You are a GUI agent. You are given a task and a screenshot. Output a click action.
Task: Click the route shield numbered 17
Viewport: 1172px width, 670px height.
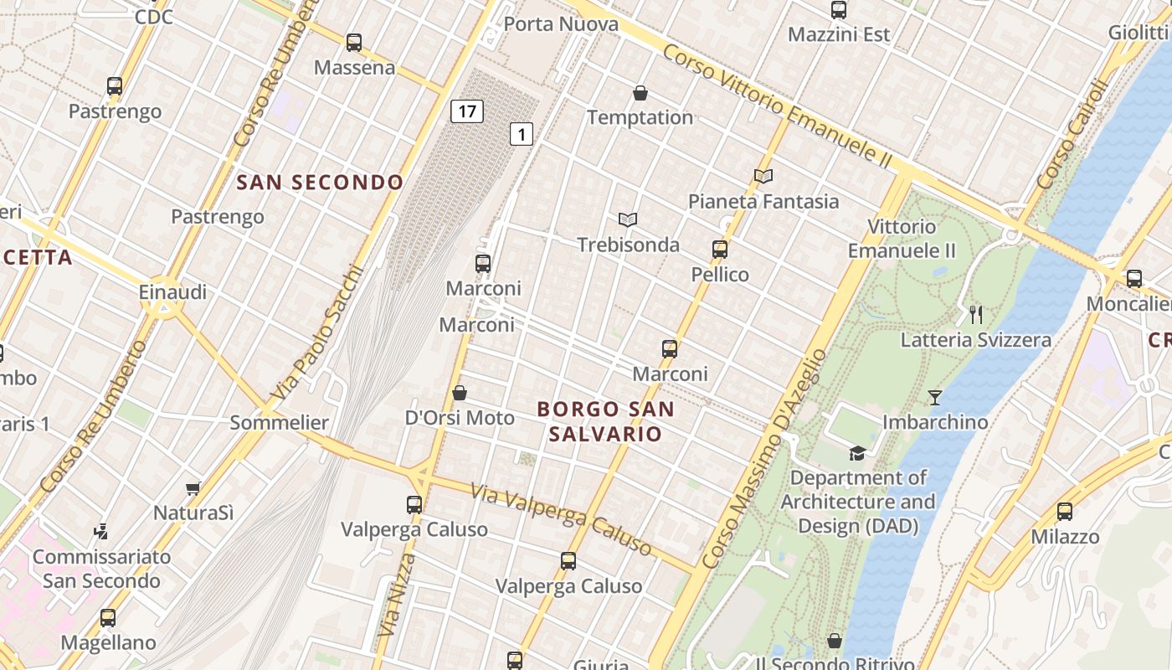[x=467, y=111]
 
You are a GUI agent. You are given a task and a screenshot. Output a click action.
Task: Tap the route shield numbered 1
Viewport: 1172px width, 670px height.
[x=522, y=133]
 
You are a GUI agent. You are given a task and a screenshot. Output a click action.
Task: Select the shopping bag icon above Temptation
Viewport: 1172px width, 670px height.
[x=640, y=92]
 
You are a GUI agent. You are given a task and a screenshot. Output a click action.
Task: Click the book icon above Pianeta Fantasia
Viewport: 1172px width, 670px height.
[x=763, y=176]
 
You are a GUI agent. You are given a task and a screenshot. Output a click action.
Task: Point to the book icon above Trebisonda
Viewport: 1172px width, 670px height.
[x=628, y=219]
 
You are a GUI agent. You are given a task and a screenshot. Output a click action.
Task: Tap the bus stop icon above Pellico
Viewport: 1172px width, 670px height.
[x=720, y=249]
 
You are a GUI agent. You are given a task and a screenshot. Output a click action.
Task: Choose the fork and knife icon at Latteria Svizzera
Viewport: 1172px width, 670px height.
[x=975, y=314]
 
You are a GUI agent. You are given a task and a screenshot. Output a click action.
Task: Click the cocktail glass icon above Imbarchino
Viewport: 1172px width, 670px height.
[x=935, y=397]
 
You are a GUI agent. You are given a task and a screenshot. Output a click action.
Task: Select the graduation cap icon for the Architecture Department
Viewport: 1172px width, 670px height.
[x=857, y=453]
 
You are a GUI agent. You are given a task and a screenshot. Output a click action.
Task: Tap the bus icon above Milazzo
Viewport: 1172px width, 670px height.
[x=1065, y=511]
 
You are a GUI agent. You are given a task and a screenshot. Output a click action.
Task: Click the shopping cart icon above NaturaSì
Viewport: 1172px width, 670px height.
[x=193, y=487]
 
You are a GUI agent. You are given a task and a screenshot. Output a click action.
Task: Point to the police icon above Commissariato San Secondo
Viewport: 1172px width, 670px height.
[x=101, y=531]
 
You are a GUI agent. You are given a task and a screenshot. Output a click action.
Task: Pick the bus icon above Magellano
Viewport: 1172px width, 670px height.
[x=108, y=618]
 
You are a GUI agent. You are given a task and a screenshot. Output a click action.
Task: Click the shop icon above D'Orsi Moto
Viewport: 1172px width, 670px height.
[x=460, y=392]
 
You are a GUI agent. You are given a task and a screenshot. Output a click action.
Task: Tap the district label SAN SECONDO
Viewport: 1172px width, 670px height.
[x=320, y=183]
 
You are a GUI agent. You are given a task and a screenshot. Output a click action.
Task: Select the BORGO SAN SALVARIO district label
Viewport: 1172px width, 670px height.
[x=605, y=421]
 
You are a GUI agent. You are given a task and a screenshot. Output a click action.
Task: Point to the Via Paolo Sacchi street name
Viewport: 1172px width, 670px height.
[x=318, y=332]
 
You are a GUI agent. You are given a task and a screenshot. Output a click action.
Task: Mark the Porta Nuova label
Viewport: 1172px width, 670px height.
[x=561, y=24]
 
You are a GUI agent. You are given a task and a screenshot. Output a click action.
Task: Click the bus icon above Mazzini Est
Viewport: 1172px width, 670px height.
[x=839, y=10]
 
